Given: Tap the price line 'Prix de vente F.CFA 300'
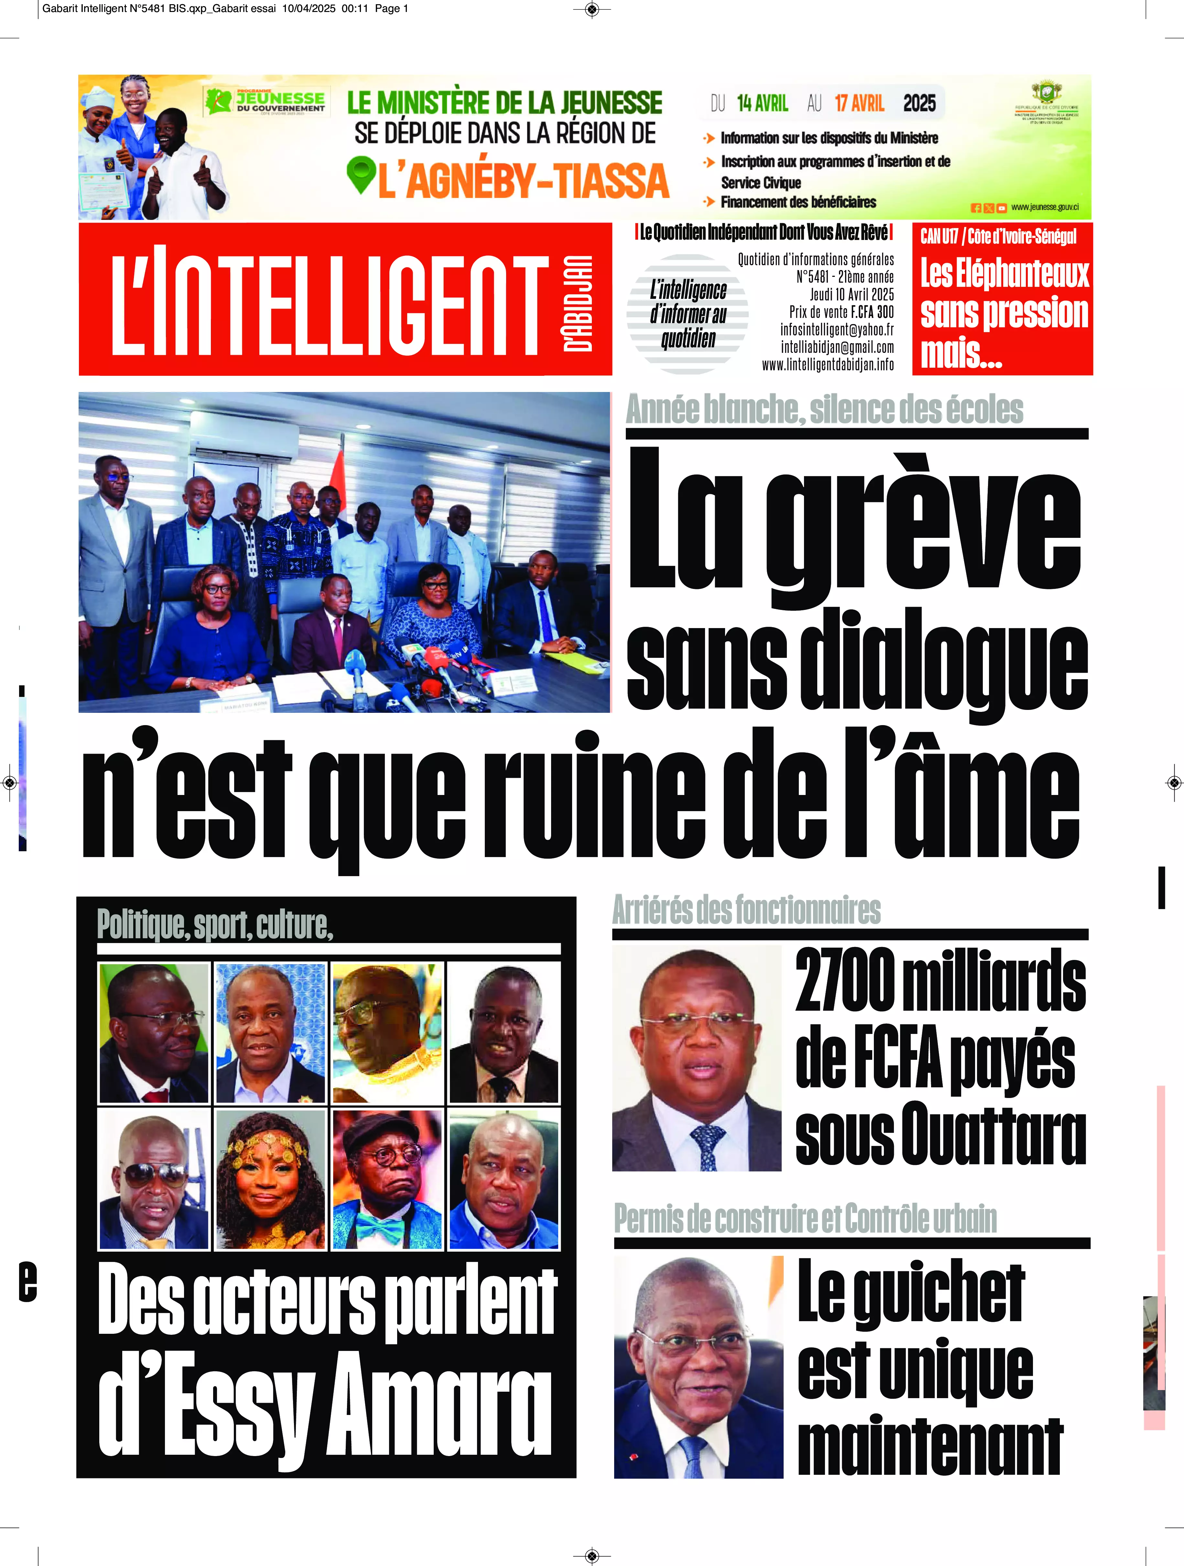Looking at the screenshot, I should pyautogui.click(x=841, y=311).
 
